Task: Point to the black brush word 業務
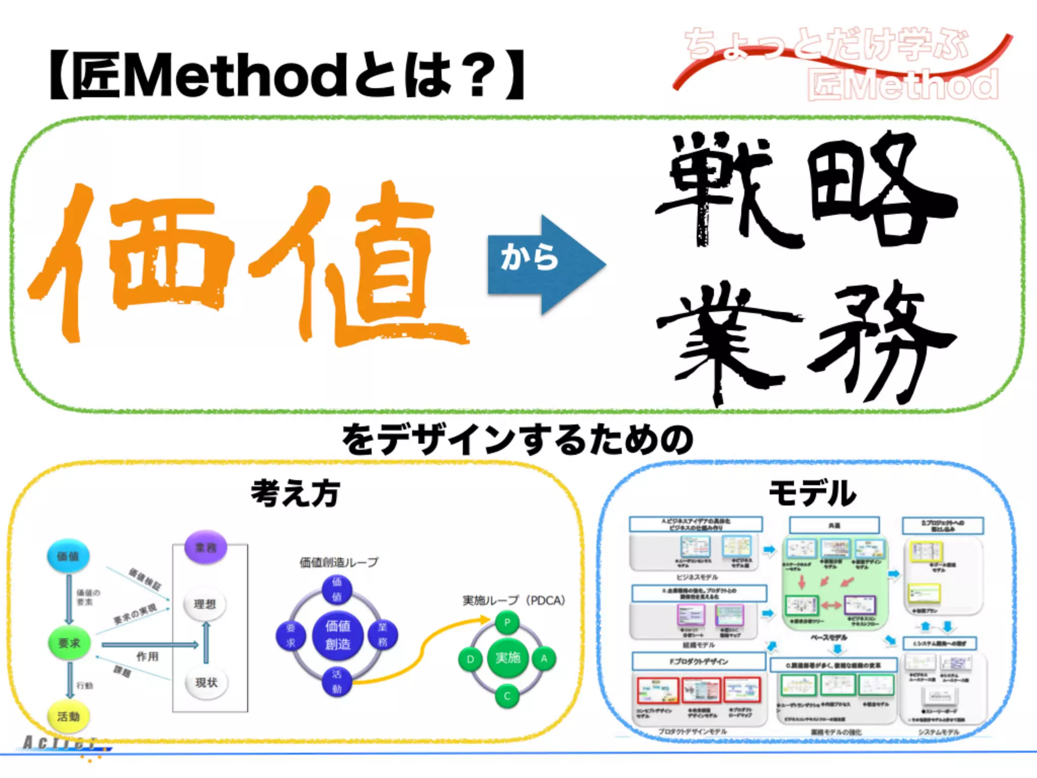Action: [805, 339]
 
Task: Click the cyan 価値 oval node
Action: [68, 556]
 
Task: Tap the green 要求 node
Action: [69, 643]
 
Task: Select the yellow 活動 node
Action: [68, 716]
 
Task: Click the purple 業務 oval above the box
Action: [206, 548]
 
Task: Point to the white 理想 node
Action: [205, 604]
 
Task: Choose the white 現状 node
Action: [206, 682]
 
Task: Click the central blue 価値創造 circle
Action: [338, 635]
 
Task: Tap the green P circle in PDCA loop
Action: [507, 623]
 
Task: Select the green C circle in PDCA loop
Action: [507, 696]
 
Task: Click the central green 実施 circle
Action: [507, 658]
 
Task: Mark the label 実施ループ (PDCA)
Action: [513, 600]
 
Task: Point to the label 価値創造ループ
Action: [339, 562]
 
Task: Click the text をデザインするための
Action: [517, 439]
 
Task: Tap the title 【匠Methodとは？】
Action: [287, 75]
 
